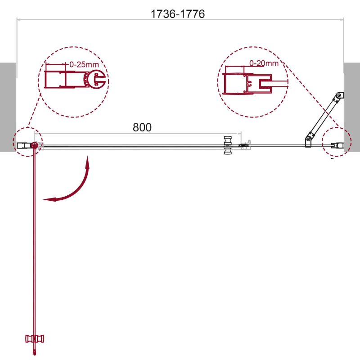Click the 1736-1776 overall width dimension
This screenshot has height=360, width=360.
[x=178, y=14]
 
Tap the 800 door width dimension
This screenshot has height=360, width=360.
[x=142, y=127]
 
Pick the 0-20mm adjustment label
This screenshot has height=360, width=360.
[x=264, y=63]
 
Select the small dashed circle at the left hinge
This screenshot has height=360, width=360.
[x=27, y=142]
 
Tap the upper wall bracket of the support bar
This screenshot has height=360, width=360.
[x=340, y=95]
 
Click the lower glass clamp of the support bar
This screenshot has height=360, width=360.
[x=310, y=140]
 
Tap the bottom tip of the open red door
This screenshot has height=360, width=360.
[x=34, y=353]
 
